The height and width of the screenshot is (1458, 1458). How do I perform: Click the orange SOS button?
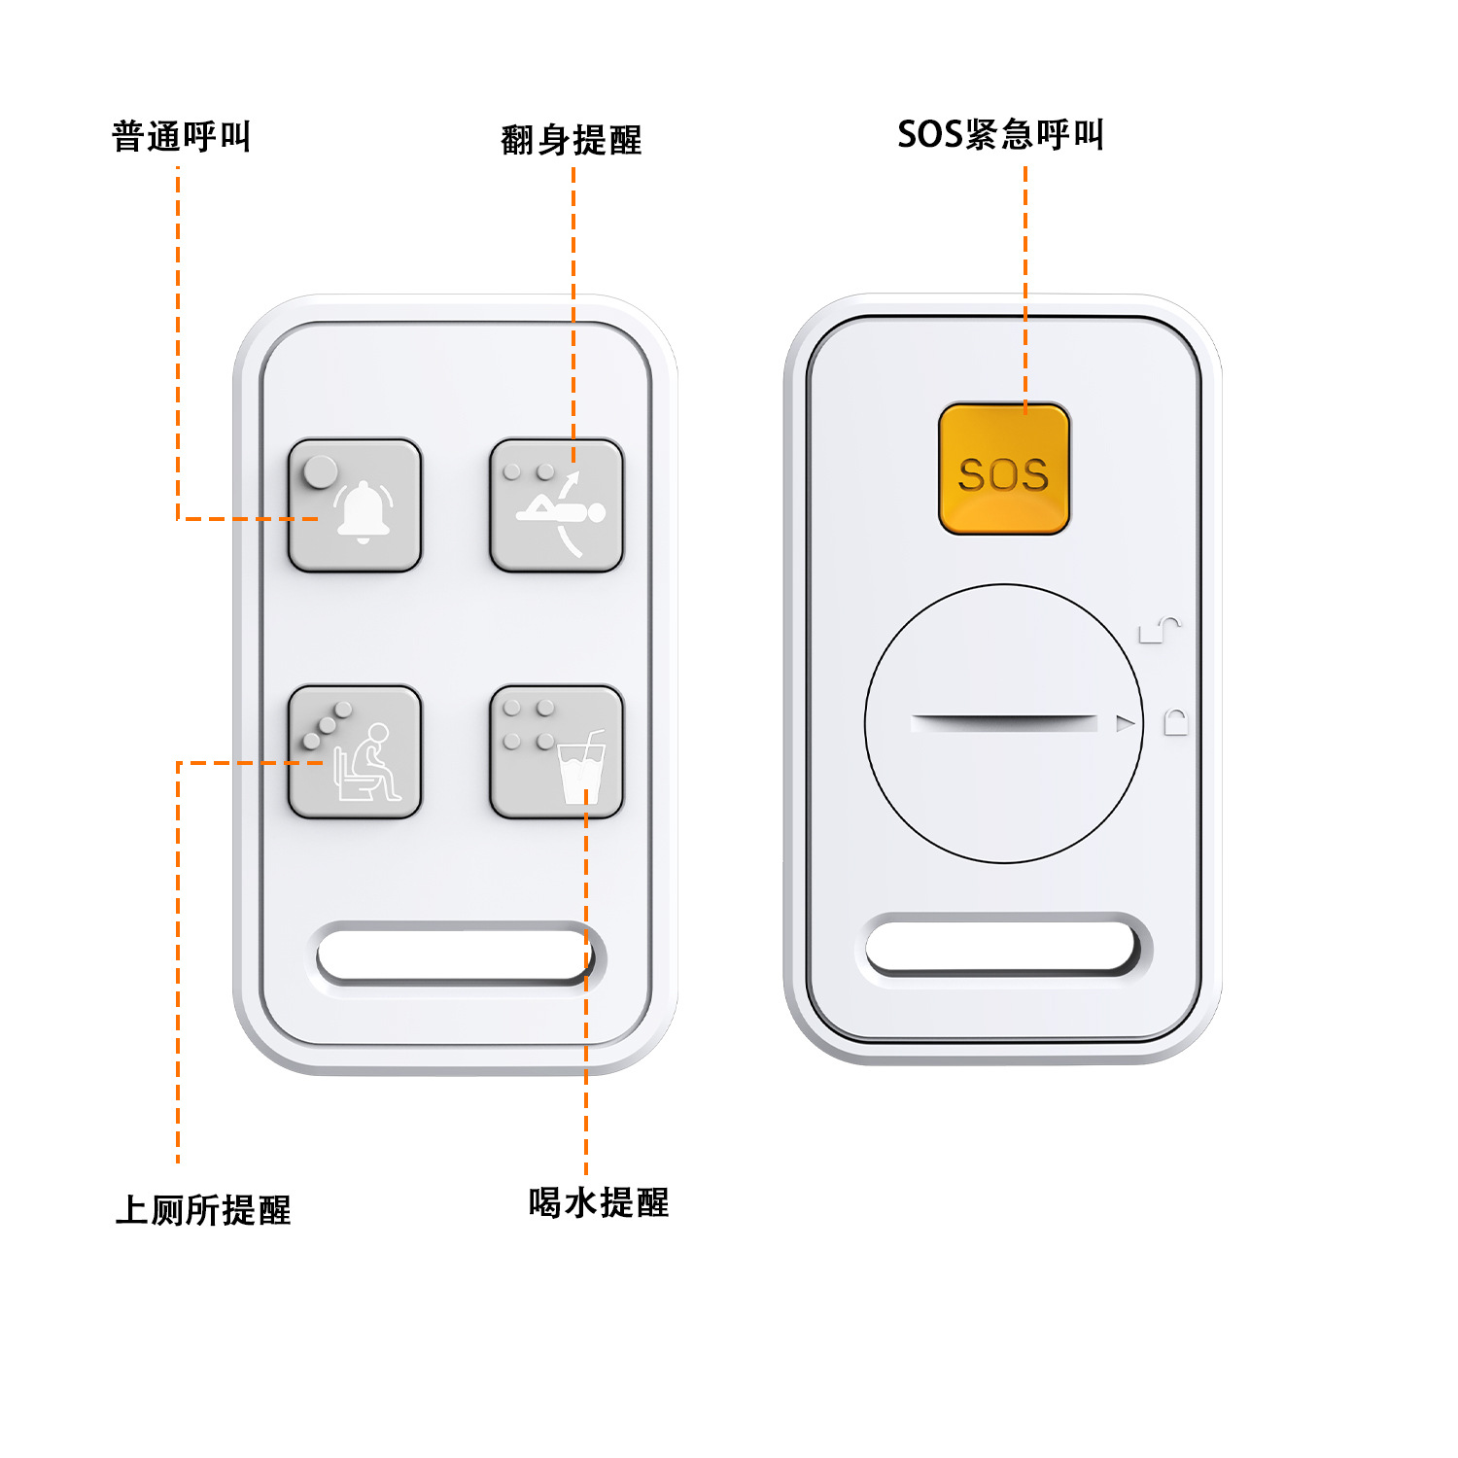[1004, 469]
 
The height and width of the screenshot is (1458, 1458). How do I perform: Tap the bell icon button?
[355, 505]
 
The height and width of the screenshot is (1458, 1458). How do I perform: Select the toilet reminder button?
[355, 751]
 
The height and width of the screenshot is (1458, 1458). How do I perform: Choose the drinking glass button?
[556, 751]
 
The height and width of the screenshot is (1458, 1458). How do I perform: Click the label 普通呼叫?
[182, 136]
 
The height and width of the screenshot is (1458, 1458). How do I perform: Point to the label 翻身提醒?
[572, 140]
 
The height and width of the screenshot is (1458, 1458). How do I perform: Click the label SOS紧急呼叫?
[1000, 134]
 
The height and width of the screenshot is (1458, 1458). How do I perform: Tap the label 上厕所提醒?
[203, 1210]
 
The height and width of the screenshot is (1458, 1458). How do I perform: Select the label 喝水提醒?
[599, 1202]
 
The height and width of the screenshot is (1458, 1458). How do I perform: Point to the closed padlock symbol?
[1176, 722]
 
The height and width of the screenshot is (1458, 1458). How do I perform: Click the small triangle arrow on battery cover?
[1126, 723]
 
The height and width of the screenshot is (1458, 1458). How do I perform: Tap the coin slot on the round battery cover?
[1004, 722]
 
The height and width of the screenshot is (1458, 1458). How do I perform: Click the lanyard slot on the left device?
[454, 955]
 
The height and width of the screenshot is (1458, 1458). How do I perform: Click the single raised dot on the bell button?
[320, 471]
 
